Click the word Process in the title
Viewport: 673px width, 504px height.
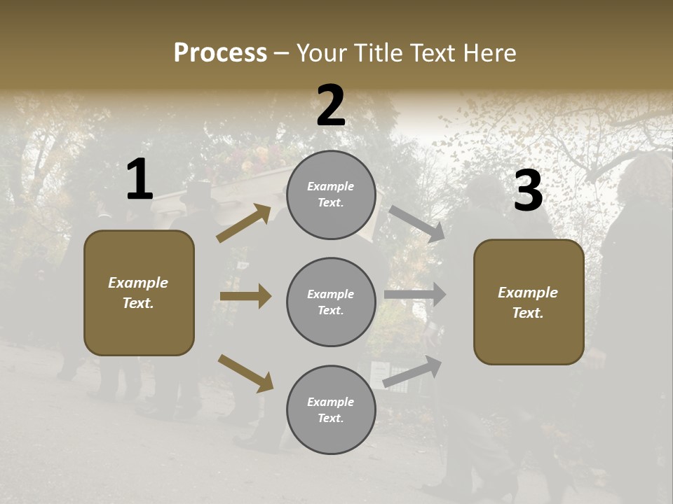(220, 53)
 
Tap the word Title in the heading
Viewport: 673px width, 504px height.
(376, 53)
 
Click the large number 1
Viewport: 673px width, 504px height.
(140, 180)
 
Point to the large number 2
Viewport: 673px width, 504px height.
(331, 106)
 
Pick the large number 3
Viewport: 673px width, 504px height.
(528, 191)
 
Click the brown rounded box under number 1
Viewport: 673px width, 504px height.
(139, 293)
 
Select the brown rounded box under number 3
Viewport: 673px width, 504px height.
(529, 302)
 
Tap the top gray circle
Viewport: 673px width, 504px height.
(331, 195)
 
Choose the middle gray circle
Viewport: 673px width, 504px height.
(331, 302)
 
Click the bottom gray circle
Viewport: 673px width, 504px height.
(331, 410)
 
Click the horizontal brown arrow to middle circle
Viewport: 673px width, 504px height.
(245, 296)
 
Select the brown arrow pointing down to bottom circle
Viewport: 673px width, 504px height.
(245, 372)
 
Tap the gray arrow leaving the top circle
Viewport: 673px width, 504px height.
(417, 224)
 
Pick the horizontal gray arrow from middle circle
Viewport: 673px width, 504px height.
(415, 295)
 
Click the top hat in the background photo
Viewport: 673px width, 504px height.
(196, 192)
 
